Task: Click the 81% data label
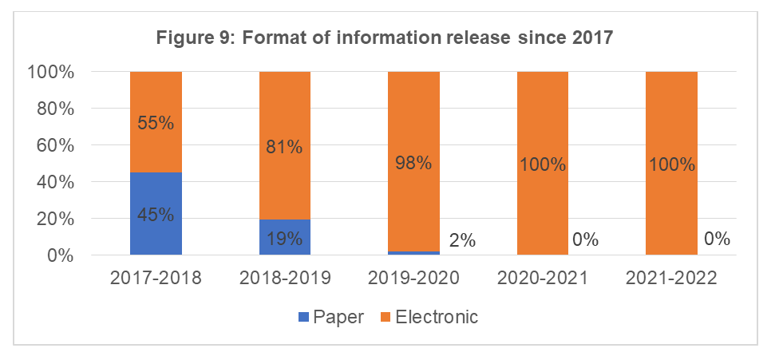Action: tap(285, 147)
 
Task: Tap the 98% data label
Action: tap(413, 163)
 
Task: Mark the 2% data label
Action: tap(462, 239)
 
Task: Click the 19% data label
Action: tap(285, 238)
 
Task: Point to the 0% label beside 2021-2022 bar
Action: tap(718, 239)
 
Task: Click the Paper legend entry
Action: tap(331, 317)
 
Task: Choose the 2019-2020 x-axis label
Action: tap(413, 279)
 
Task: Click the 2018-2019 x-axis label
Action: tap(285, 279)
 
